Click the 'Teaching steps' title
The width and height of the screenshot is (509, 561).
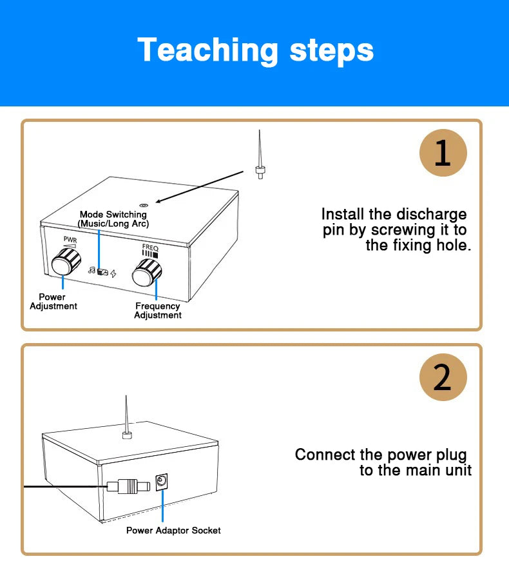(x=255, y=50)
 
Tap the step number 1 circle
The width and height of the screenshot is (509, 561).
(x=443, y=153)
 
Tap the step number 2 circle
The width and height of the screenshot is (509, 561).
(x=443, y=377)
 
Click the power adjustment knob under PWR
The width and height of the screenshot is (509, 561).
(x=62, y=264)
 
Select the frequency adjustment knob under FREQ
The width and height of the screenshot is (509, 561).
(x=146, y=275)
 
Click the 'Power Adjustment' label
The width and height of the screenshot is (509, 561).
(x=53, y=301)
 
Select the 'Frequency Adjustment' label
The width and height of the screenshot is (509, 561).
(x=158, y=311)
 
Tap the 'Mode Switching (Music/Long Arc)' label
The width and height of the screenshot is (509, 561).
(x=113, y=219)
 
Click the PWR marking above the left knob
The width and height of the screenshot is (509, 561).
(x=70, y=239)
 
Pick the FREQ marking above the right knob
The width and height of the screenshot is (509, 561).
(x=150, y=247)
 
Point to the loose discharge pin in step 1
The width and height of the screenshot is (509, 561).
(x=259, y=158)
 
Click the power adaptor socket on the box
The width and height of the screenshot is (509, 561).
(x=162, y=482)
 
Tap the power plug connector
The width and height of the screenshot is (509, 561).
(x=128, y=486)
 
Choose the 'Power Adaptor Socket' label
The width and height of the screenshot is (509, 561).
(x=173, y=530)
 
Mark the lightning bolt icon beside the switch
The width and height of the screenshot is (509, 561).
(x=114, y=273)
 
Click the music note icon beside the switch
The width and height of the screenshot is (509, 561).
(x=91, y=271)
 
